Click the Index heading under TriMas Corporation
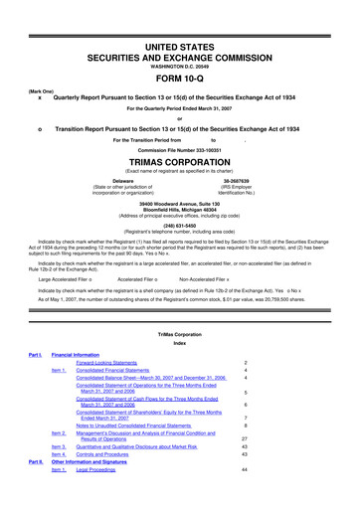[x=179, y=367]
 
